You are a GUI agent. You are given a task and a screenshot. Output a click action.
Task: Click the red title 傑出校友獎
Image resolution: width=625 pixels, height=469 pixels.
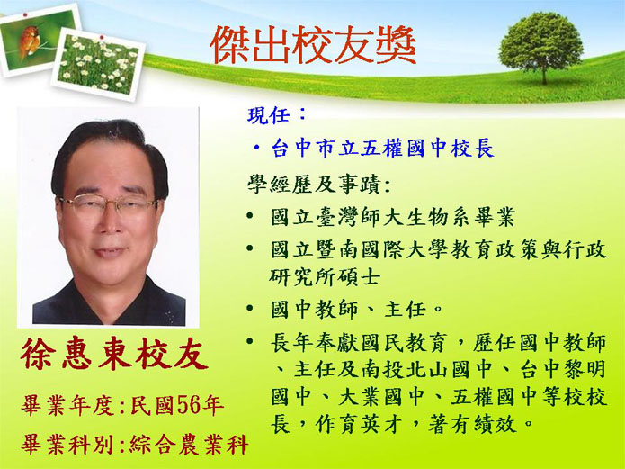313,45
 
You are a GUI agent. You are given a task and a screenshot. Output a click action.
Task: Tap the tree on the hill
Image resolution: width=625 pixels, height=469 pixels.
540,47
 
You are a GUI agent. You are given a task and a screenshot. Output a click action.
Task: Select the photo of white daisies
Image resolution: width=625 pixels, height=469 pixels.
98,64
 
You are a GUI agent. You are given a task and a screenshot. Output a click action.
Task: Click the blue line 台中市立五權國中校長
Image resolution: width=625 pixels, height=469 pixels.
383,149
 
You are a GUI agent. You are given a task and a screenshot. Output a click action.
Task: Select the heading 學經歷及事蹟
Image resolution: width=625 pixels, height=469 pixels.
314,185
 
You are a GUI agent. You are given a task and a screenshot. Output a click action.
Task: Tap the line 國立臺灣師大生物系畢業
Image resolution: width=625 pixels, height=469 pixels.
393,217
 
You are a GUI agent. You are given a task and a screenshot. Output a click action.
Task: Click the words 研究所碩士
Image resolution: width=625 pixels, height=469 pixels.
325,277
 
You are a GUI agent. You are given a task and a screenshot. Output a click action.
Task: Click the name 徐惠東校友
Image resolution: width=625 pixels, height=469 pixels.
114,354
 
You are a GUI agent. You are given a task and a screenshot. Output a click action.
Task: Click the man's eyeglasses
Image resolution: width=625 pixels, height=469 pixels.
109,204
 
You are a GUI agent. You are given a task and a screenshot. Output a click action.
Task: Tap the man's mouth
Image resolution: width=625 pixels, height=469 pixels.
109,252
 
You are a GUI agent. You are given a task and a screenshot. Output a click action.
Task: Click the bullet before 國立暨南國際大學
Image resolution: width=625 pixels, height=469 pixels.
250,248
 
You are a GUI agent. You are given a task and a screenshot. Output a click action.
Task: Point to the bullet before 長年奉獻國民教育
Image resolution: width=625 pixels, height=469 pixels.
250,341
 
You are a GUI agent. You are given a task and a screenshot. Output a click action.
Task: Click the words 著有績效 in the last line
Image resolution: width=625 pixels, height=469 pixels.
472,425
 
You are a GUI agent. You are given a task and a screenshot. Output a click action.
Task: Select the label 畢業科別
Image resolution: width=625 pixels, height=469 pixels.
67,445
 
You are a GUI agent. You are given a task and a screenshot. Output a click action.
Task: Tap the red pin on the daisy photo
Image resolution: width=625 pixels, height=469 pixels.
102,38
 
